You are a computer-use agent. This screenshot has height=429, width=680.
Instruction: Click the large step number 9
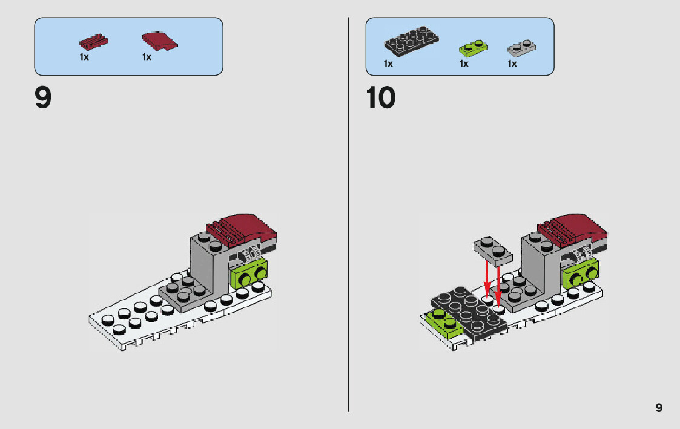coord(43,98)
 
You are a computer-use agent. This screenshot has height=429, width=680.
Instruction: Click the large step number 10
coord(381,98)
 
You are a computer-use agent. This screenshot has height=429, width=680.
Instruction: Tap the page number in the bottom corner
coord(659,408)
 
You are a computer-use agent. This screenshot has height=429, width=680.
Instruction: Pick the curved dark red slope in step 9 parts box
coord(159,42)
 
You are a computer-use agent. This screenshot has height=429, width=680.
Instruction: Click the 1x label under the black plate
coord(388,64)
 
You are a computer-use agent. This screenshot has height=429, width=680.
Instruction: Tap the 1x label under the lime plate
coord(464,64)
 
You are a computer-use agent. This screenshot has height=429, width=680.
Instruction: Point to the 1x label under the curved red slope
coord(147,57)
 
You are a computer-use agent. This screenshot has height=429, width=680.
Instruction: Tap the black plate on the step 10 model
coord(469,313)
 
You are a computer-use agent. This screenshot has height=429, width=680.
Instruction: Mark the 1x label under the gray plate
coord(512,64)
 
